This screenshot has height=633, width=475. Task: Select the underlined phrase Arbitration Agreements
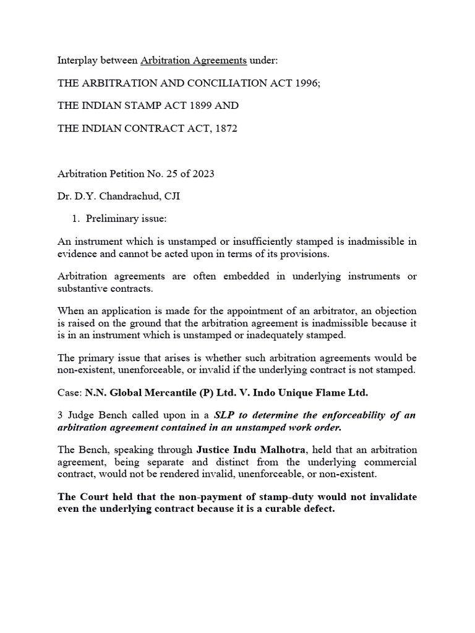click(194, 61)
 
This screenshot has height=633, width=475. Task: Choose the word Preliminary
click(112, 219)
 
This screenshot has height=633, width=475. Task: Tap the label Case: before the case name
click(69, 393)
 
